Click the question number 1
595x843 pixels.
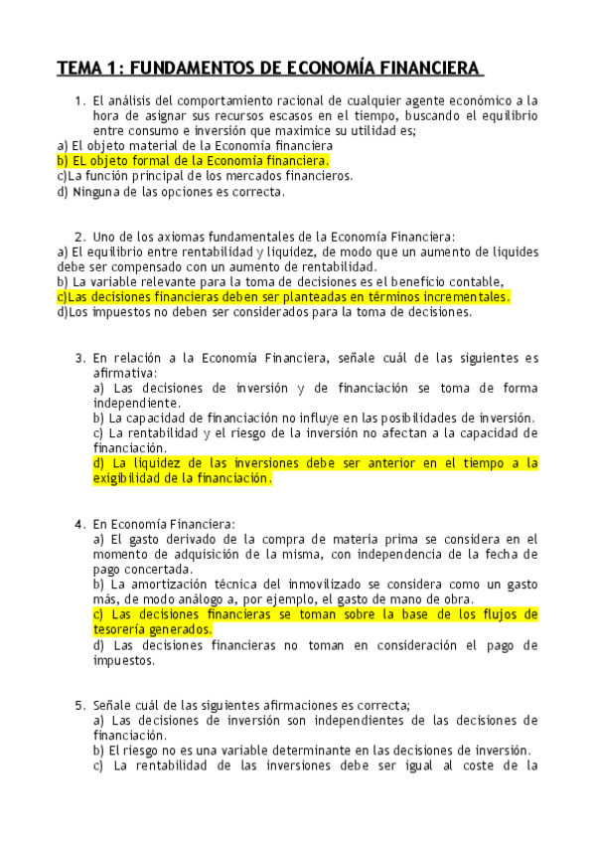click(x=78, y=100)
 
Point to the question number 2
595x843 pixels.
click(x=78, y=237)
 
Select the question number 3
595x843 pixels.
click(x=78, y=357)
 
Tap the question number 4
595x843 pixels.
click(x=78, y=523)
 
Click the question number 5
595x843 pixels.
click(x=78, y=705)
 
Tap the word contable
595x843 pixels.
click(x=476, y=281)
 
